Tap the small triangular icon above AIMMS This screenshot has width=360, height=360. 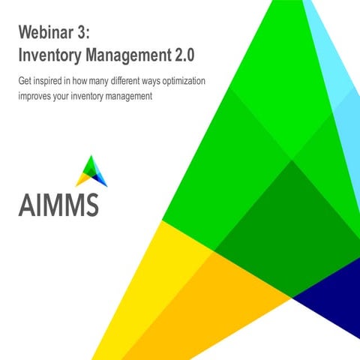point(92,171)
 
